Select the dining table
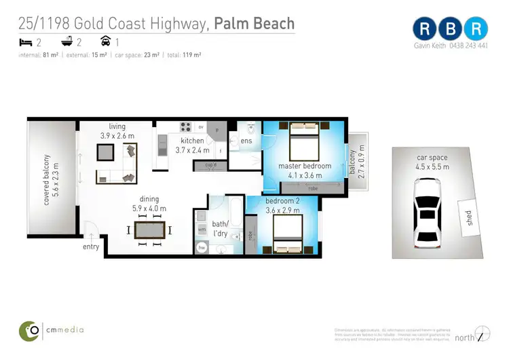149,230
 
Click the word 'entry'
91,247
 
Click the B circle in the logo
452,29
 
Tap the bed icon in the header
25,41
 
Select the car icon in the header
105,41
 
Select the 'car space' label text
432,158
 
